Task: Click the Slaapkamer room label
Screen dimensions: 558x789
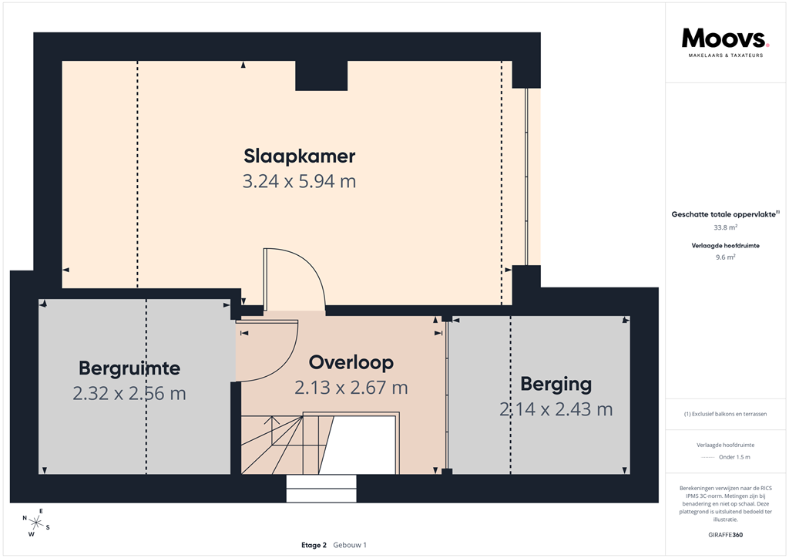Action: pyautogui.click(x=299, y=156)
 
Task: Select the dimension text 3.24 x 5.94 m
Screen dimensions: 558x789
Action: pyautogui.click(x=299, y=182)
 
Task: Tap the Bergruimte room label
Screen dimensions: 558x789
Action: pyautogui.click(x=129, y=367)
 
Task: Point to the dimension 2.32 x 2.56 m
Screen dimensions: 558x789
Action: pyautogui.click(x=129, y=393)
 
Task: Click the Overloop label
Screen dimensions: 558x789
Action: pyautogui.click(x=351, y=362)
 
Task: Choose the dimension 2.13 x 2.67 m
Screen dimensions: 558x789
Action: pyautogui.click(x=351, y=388)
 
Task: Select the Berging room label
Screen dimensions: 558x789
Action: pyautogui.click(x=556, y=383)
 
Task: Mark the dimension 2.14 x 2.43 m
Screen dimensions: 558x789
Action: pyautogui.click(x=556, y=409)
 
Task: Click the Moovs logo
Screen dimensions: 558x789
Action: pyautogui.click(x=725, y=39)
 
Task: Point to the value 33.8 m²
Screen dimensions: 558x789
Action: pyautogui.click(x=725, y=228)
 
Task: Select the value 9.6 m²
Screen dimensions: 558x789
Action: pyautogui.click(x=725, y=257)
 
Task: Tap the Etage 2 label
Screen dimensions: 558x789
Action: pyautogui.click(x=314, y=545)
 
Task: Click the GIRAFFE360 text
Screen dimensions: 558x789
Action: pyautogui.click(x=725, y=535)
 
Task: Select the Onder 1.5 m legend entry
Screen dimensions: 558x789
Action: pyautogui.click(x=725, y=457)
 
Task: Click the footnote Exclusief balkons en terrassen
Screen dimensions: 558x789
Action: pyautogui.click(x=725, y=414)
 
